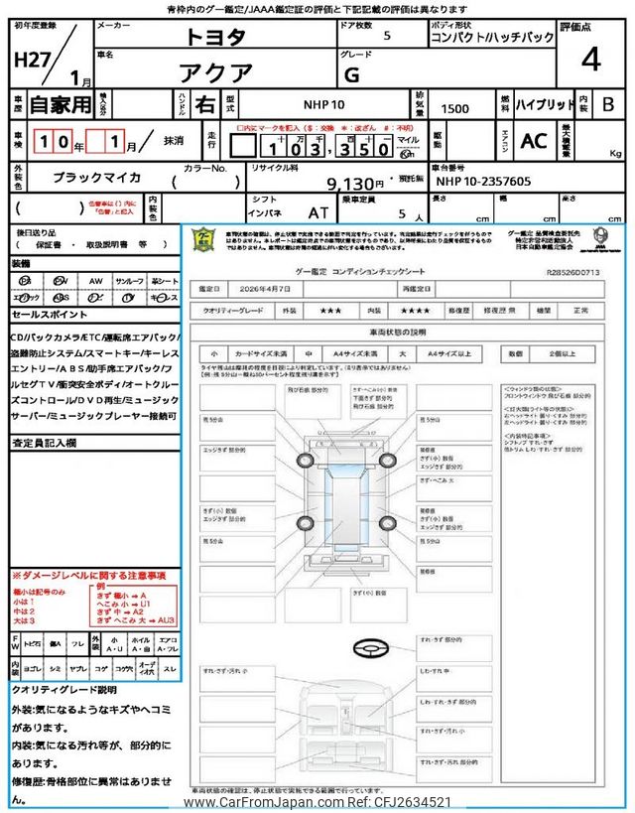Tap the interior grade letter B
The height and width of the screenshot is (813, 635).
click(608, 104)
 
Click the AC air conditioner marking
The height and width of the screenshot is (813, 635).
click(534, 142)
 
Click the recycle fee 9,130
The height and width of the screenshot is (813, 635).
click(354, 184)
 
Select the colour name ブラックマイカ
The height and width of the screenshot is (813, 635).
click(96, 178)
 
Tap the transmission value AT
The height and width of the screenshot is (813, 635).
click(318, 211)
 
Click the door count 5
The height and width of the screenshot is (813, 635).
click(386, 35)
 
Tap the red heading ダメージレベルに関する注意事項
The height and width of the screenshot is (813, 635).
click(88, 576)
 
